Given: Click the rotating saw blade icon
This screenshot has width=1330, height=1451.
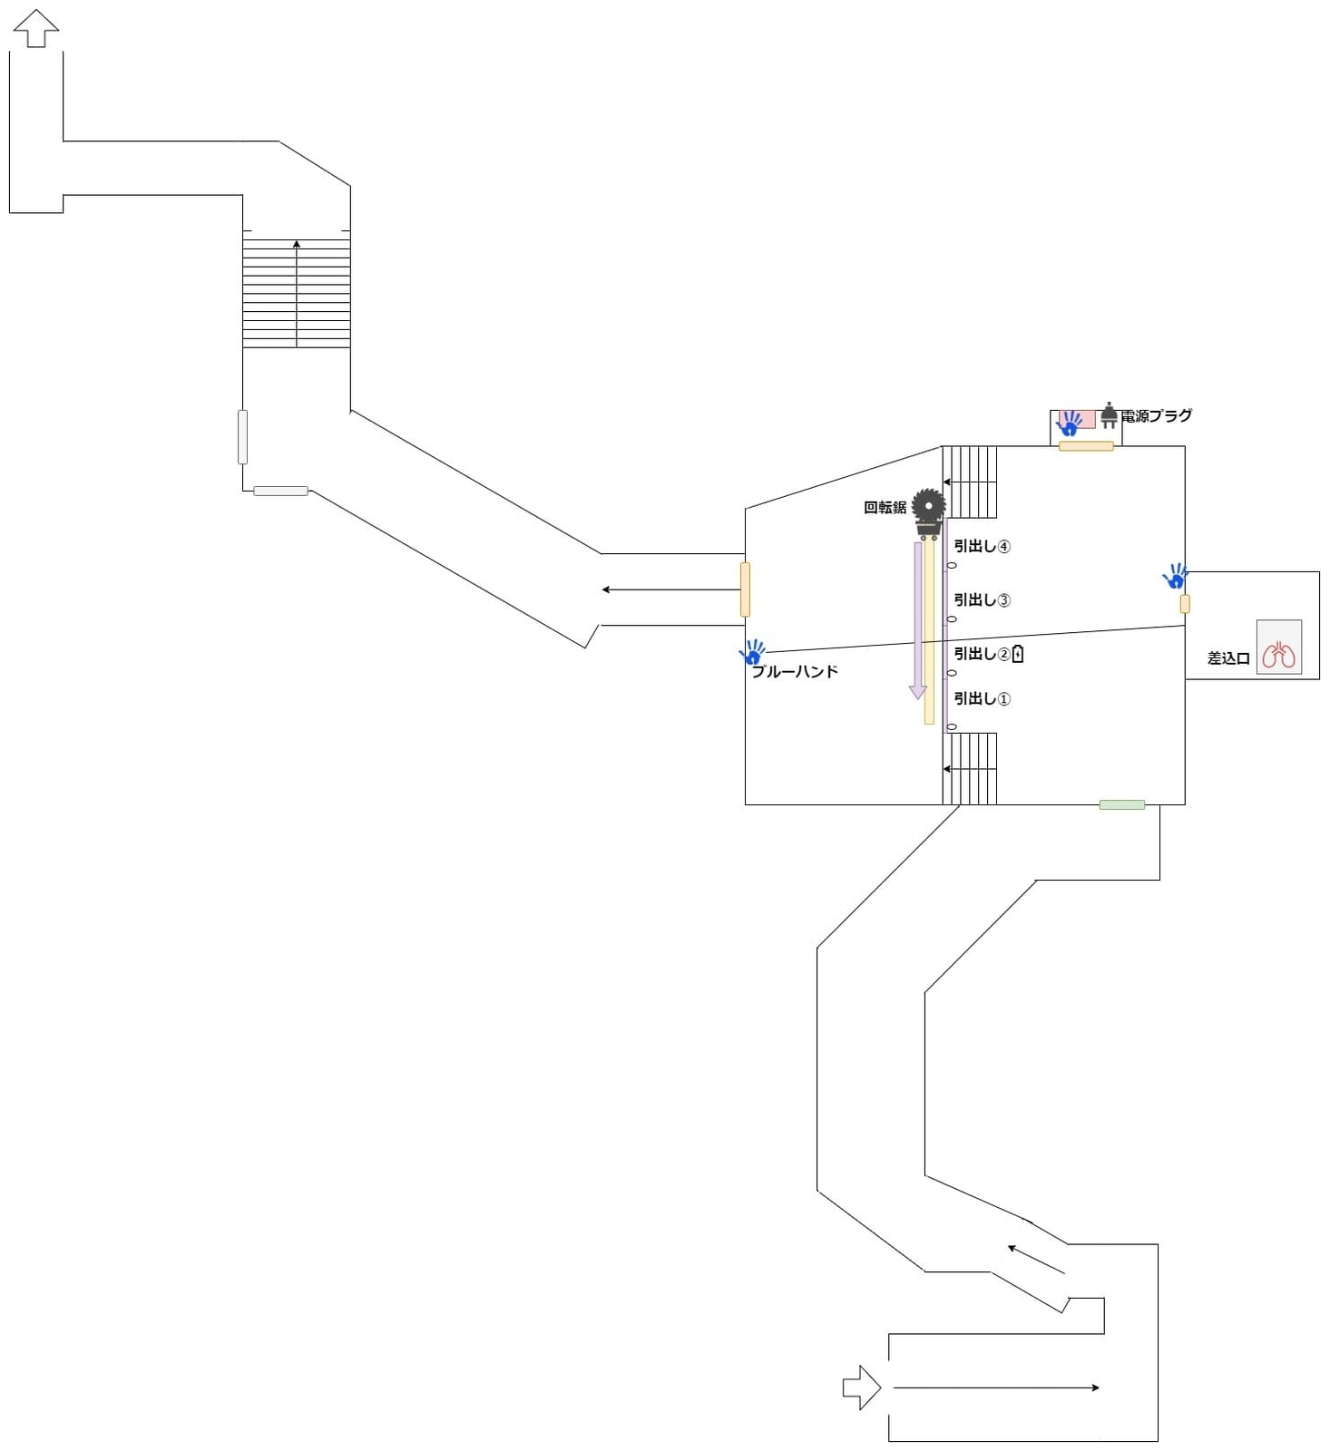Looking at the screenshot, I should [928, 505].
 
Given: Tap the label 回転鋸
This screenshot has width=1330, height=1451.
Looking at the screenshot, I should [885, 508].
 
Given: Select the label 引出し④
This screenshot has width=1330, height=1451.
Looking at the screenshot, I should [982, 546].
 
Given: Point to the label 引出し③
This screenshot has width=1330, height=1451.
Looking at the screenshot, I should [982, 599].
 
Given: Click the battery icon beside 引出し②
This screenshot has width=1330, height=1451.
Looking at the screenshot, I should [1018, 653].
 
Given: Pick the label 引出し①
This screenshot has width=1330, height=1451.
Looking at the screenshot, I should [982, 698].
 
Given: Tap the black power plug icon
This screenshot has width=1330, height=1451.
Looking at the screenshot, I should [1109, 415].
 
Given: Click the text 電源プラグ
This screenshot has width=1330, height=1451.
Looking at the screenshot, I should [1157, 415].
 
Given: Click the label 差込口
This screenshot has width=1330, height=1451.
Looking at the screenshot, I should [1228, 658].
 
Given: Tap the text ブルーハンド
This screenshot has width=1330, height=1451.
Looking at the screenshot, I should [795, 672].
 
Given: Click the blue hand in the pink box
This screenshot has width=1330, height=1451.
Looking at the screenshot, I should [1071, 422].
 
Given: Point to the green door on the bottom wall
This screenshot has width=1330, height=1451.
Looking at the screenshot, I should [1121, 804].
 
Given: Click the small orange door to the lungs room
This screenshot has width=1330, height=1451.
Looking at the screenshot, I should [1185, 603].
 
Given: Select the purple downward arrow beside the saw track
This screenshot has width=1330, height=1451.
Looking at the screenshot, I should [918, 621].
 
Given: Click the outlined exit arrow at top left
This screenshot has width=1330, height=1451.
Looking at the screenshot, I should [36, 27].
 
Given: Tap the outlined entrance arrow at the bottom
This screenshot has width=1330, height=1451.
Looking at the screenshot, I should [861, 1388].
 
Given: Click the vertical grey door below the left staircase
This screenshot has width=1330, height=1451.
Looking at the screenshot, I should [242, 436].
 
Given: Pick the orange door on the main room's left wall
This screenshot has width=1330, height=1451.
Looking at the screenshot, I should [745, 589].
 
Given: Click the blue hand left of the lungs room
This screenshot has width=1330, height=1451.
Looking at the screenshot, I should [1175, 576].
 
